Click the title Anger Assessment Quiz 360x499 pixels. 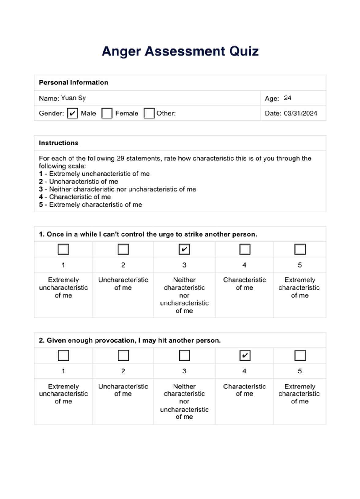point(180,51)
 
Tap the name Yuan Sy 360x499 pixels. point(73,98)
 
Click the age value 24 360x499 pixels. point(287,98)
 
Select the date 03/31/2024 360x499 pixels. point(300,113)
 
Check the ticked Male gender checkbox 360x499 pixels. point(72,113)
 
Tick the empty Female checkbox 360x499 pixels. point(107,113)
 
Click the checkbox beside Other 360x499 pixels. point(149,113)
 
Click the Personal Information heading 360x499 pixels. point(73,83)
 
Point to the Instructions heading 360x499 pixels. point(58,143)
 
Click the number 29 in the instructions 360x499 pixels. point(120,158)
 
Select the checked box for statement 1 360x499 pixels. point(184,249)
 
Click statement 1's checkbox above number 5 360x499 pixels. point(300,249)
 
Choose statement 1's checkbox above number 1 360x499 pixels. point(63,249)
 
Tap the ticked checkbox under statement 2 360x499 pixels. point(245,355)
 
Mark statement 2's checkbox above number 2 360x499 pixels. point(123,355)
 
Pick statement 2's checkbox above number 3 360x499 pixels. point(184,355)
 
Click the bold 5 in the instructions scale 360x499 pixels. point(41,204)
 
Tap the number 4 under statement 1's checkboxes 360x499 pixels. point(244,265)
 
